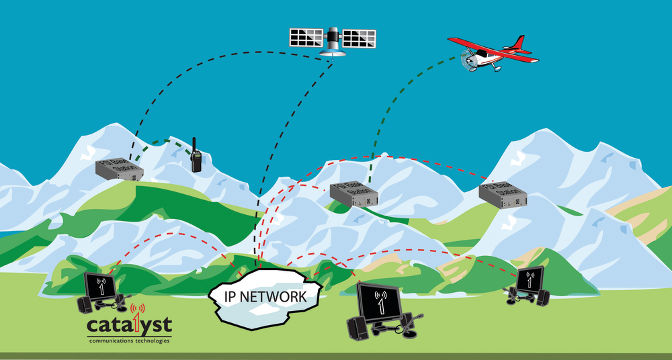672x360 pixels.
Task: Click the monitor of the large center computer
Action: (380, 302)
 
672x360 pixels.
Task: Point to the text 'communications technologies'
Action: (129, 341)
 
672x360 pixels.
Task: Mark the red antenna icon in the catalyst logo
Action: (139, 314)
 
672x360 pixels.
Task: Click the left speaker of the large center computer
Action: (356, 328)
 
